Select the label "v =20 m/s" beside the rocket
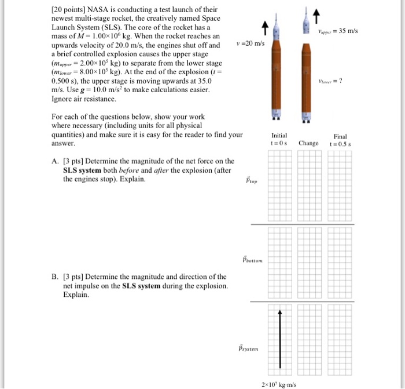[251, 45]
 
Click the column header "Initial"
[279, 134]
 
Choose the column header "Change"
[308, 143]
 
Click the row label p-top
[252, 181]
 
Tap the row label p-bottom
[253, 259]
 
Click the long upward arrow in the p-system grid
[279, 339]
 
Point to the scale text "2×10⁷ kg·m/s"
[278, 384]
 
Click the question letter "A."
[55, 161]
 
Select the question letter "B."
[55, 277]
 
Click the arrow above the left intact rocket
[263, 26]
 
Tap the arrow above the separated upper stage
[316, 14]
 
